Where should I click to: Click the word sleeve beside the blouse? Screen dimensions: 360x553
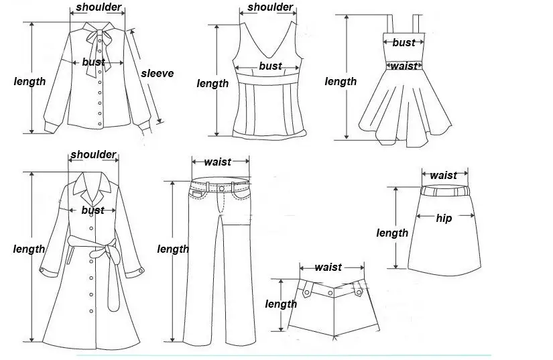pyautogui.click(x=157, y=73)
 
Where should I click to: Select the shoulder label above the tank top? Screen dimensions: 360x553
pyautogui.click(x=270, y=7)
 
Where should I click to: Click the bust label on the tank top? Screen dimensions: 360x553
pyautogui.click(x=270, y=66)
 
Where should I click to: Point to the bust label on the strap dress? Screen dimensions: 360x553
pyautogui.click(x=404, y=42)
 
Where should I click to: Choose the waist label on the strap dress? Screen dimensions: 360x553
pyautogui.click(x=404, y=66)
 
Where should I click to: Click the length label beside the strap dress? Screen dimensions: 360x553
pyautogui.click(x=341, y=81)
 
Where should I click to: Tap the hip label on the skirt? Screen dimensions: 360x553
pyautogui.click(x=444, y=218)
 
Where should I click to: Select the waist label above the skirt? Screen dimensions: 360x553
pyautogui.click(x=443, y=175)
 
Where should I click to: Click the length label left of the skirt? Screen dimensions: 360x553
pyautogui.click(x=392, y=233)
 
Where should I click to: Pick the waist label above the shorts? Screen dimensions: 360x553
pyautogui.click(x=328, y=267)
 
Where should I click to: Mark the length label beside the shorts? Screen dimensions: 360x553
pyautogui.click(x=281, y=304)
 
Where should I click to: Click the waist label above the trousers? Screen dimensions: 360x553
pyautogui.click(x=217, y=162)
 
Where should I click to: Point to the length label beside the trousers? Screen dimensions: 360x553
pyautogui.click(x=173, y=249)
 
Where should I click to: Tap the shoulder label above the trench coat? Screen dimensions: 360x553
pyautogui.click(x=93, y=155)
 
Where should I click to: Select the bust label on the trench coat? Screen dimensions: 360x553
pyautogui.click(x=93, y=210)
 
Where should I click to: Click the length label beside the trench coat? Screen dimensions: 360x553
pyautogui.click(x=29, y=249)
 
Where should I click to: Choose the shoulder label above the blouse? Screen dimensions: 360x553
pyautogui.click(x=99, y=7)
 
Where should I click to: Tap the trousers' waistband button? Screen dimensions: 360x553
pyautogui.click(x=222, y=188)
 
